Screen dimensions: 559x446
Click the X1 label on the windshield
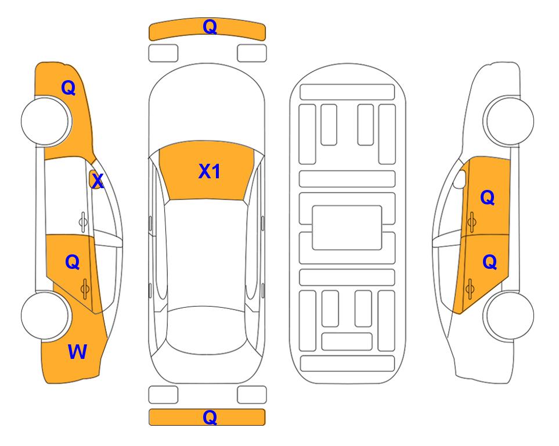[210, 171]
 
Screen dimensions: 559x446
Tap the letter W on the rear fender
[77, 351]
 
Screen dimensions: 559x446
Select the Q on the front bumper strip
[210, 26]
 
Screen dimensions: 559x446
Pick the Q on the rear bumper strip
[210, 417]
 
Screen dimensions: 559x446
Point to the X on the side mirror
[98, 181]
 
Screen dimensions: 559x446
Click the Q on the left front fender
[68, 88]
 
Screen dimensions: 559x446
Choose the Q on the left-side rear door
[73, 262]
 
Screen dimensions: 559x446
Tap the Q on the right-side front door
[488, 197]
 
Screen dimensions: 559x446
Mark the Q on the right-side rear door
[489, 262]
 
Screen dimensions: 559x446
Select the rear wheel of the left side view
[45, 315]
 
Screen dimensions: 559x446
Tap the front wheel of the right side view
[509, 121]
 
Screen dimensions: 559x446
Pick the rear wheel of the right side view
[509, 315]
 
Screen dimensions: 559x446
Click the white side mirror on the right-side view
[459, 179]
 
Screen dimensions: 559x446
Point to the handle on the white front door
[83, 222]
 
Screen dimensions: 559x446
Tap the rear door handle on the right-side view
[470, 289]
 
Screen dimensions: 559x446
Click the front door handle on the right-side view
[472, 222]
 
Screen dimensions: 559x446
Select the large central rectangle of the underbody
[347, 228]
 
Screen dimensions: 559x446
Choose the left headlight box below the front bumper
[163, 53]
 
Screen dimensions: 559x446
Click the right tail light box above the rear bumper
[252, 395]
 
